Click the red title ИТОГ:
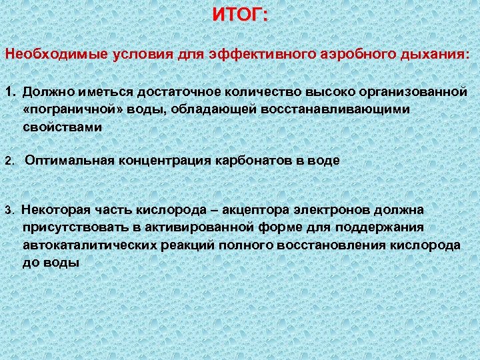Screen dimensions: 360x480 pyautogui.click(x=240, y=15)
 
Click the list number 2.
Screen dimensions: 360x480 pyautogui.click(x=9, y=161)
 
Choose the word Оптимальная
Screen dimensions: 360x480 pyautogui.click(x=69, y=161)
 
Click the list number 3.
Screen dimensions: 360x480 pyautogui.click(x=9, y=211)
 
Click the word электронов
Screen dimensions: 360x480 pyautogui.click(x=335, y=210)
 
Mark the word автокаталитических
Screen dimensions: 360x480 pyautogui.click(x=91, y=245)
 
